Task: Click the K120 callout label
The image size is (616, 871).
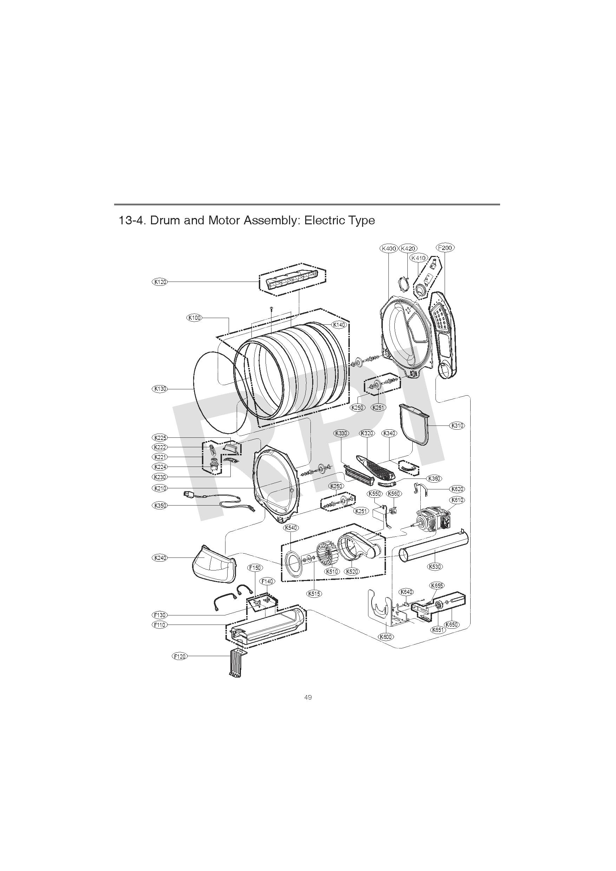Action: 160,282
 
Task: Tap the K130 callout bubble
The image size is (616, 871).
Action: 160,389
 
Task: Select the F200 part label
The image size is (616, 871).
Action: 445,248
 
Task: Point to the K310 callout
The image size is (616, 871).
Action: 457,425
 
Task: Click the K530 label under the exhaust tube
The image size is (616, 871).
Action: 434,567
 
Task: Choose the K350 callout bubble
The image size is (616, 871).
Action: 160,506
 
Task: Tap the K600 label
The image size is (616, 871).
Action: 386,637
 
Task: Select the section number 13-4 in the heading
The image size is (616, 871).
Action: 132,220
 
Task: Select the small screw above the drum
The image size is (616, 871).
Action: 272,309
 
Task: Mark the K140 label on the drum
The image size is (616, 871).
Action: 339,325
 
